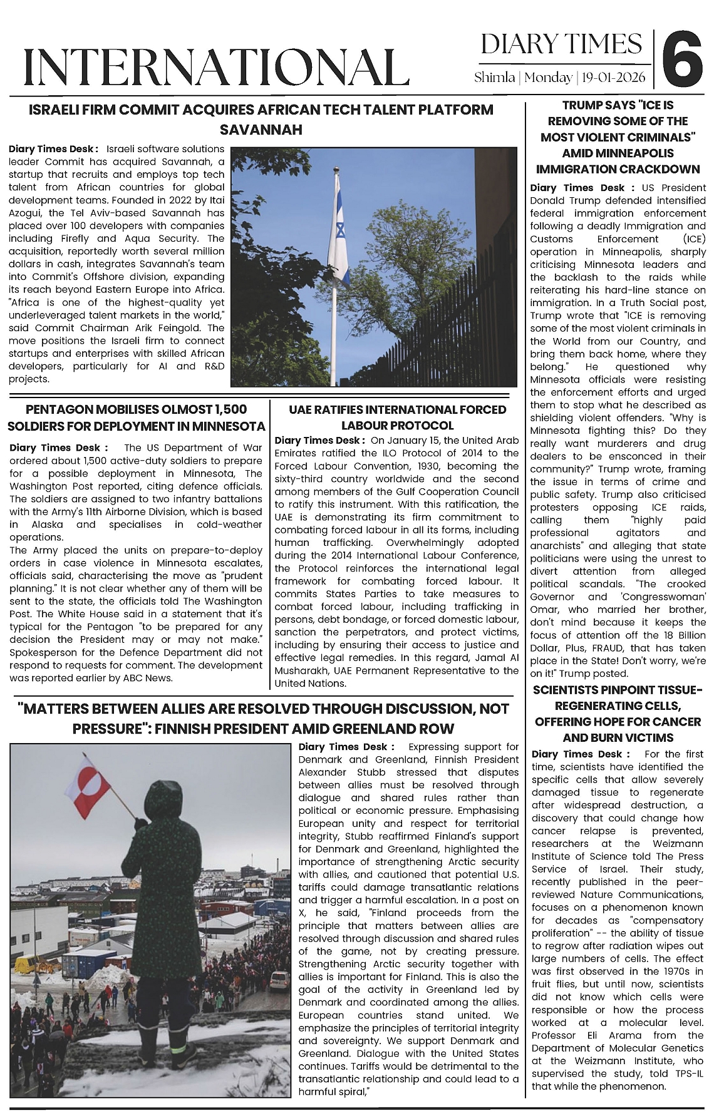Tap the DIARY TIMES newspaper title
coord(561,44)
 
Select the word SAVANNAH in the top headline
coord(261,130)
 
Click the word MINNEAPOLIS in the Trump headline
coord(617,153)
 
